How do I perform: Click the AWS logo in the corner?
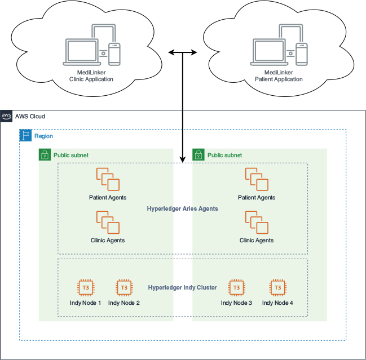pos(7,116)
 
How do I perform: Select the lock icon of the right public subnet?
pos(199,155)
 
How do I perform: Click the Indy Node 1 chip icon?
pos(85,288)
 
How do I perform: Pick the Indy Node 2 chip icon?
pos(124,288)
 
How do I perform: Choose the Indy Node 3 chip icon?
pos(236,288)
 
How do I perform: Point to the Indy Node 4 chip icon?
pos(277,288)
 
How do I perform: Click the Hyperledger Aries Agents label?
pos(182,208)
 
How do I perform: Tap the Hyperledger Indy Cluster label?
pos(182,287)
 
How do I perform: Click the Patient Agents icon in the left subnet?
pos(108,179)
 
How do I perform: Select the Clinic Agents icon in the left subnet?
pos(108,222)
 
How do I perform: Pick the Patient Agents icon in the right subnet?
pos(257,179)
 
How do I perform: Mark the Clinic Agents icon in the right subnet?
pos(257,222)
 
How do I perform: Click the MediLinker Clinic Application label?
pos(91,76)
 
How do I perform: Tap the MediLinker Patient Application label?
pos(279,76)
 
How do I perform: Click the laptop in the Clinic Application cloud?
pos(83,51)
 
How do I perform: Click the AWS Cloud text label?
pos(30,117)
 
